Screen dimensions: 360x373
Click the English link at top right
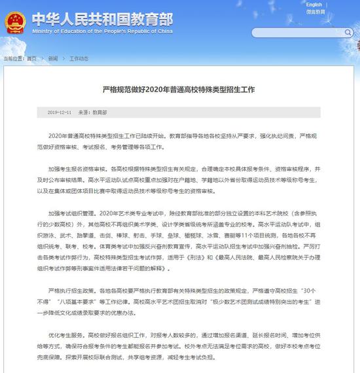(x=314, y=5)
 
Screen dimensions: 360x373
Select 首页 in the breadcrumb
(x=32, y=58)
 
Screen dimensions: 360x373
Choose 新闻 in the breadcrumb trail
(x=52, y=58)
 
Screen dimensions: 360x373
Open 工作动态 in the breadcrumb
(x=79, y=58)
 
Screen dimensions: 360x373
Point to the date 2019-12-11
(x=60, y=113)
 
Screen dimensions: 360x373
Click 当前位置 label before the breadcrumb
(x=14, y=58)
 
